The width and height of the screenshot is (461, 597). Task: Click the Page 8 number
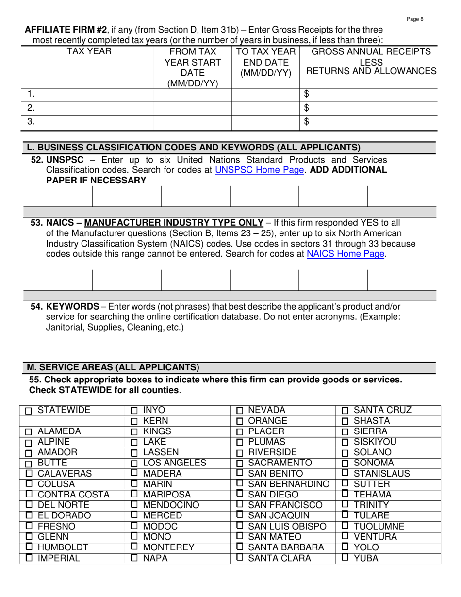(415, 19)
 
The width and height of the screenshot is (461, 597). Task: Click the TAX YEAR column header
(89, 51)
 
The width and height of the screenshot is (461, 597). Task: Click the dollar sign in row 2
(306, 108)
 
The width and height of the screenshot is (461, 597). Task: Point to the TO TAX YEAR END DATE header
(266, 62)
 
